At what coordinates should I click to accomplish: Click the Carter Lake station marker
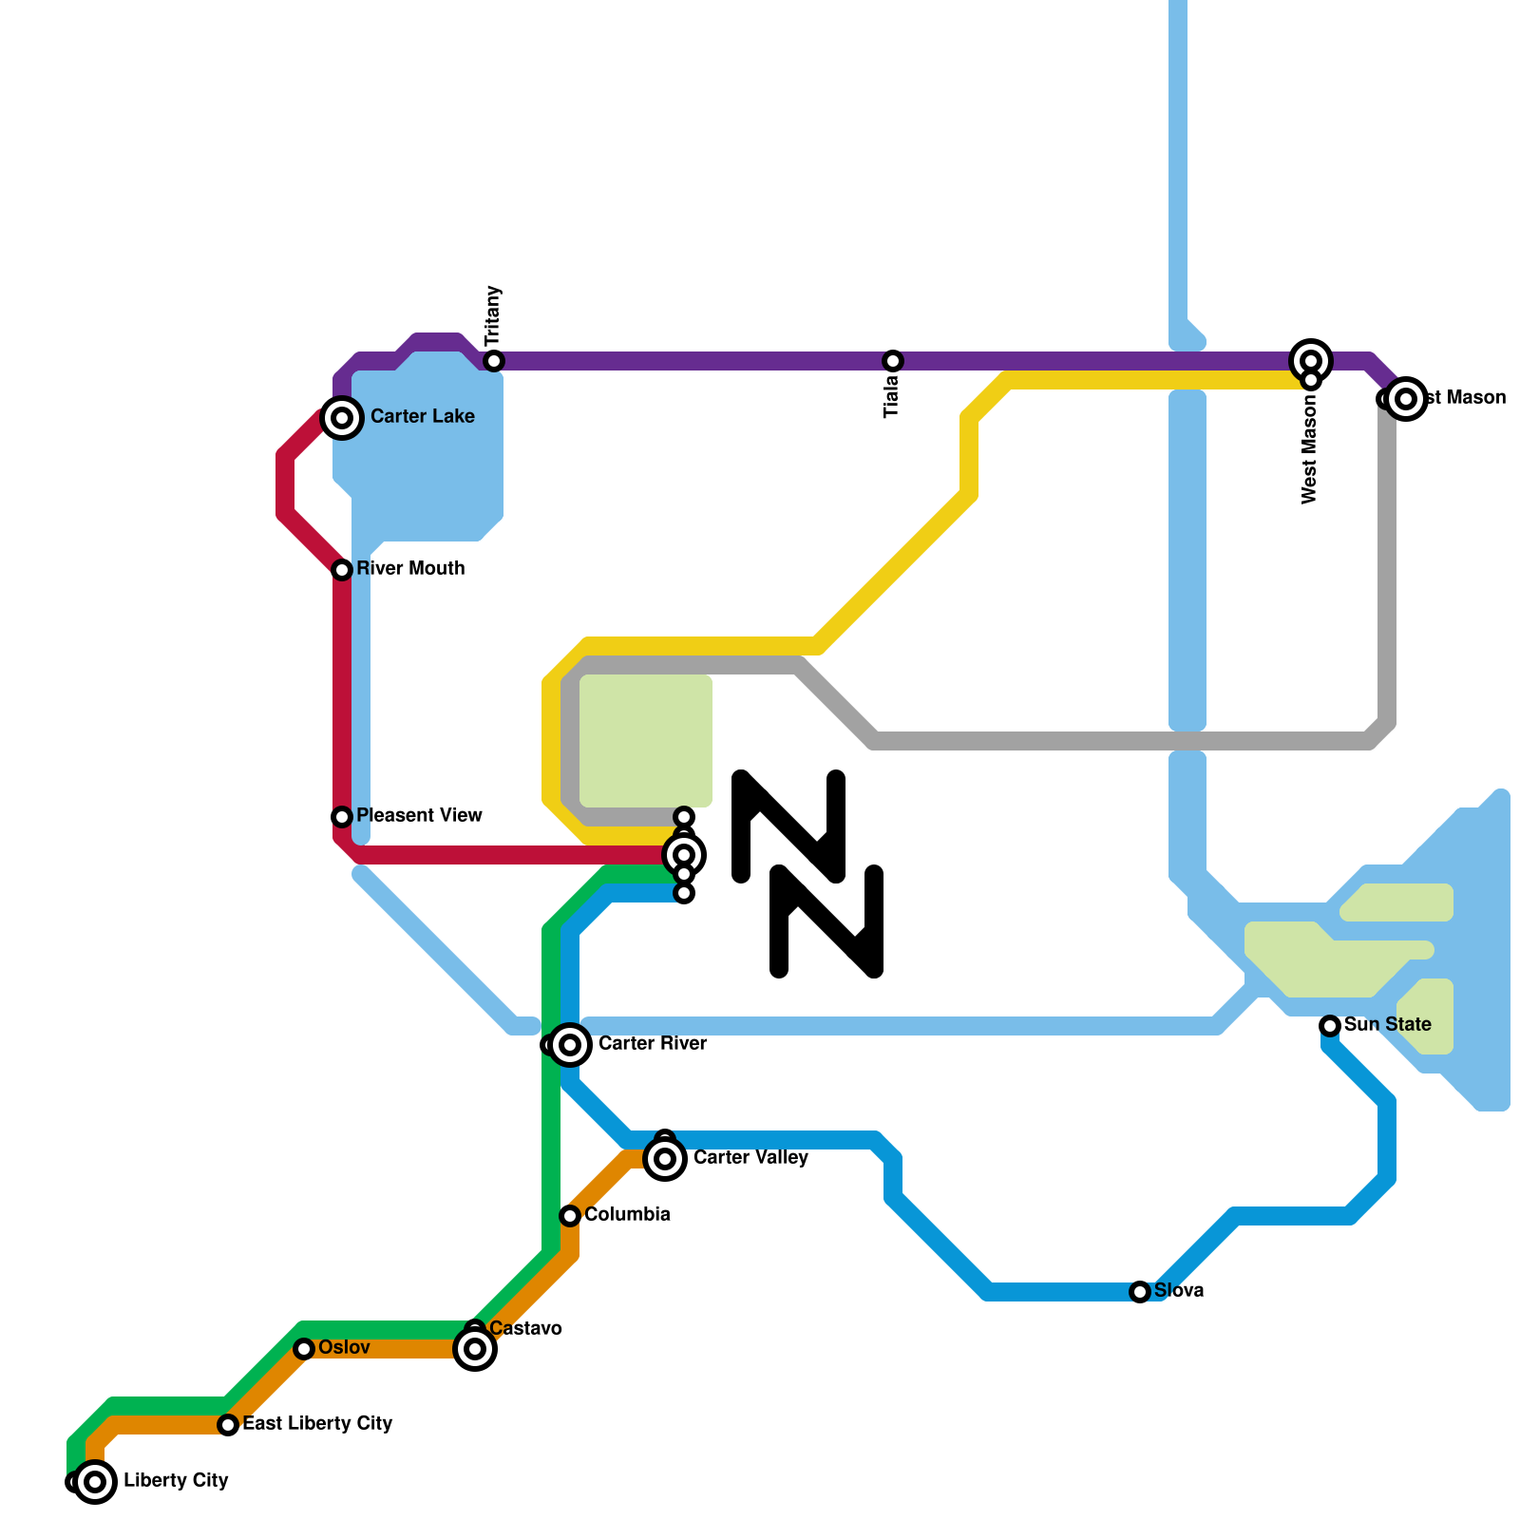342,417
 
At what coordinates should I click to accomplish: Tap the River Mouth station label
410,568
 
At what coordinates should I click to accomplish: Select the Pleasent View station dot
342,817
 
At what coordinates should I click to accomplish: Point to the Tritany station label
492,316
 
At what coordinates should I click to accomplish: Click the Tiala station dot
893,361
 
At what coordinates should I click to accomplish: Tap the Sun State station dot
1330,1026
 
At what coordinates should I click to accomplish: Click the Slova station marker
1140,1292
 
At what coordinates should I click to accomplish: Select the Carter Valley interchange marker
665,1158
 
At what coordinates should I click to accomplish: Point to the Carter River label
652,1043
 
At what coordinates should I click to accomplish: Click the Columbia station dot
570,1216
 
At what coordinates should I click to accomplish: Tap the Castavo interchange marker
475,1348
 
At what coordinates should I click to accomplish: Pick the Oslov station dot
304,1349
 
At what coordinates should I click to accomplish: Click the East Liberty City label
317,1423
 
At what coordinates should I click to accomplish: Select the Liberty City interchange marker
94,1481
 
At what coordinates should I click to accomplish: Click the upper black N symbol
789,825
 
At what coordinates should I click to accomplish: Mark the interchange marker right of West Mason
1406,398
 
